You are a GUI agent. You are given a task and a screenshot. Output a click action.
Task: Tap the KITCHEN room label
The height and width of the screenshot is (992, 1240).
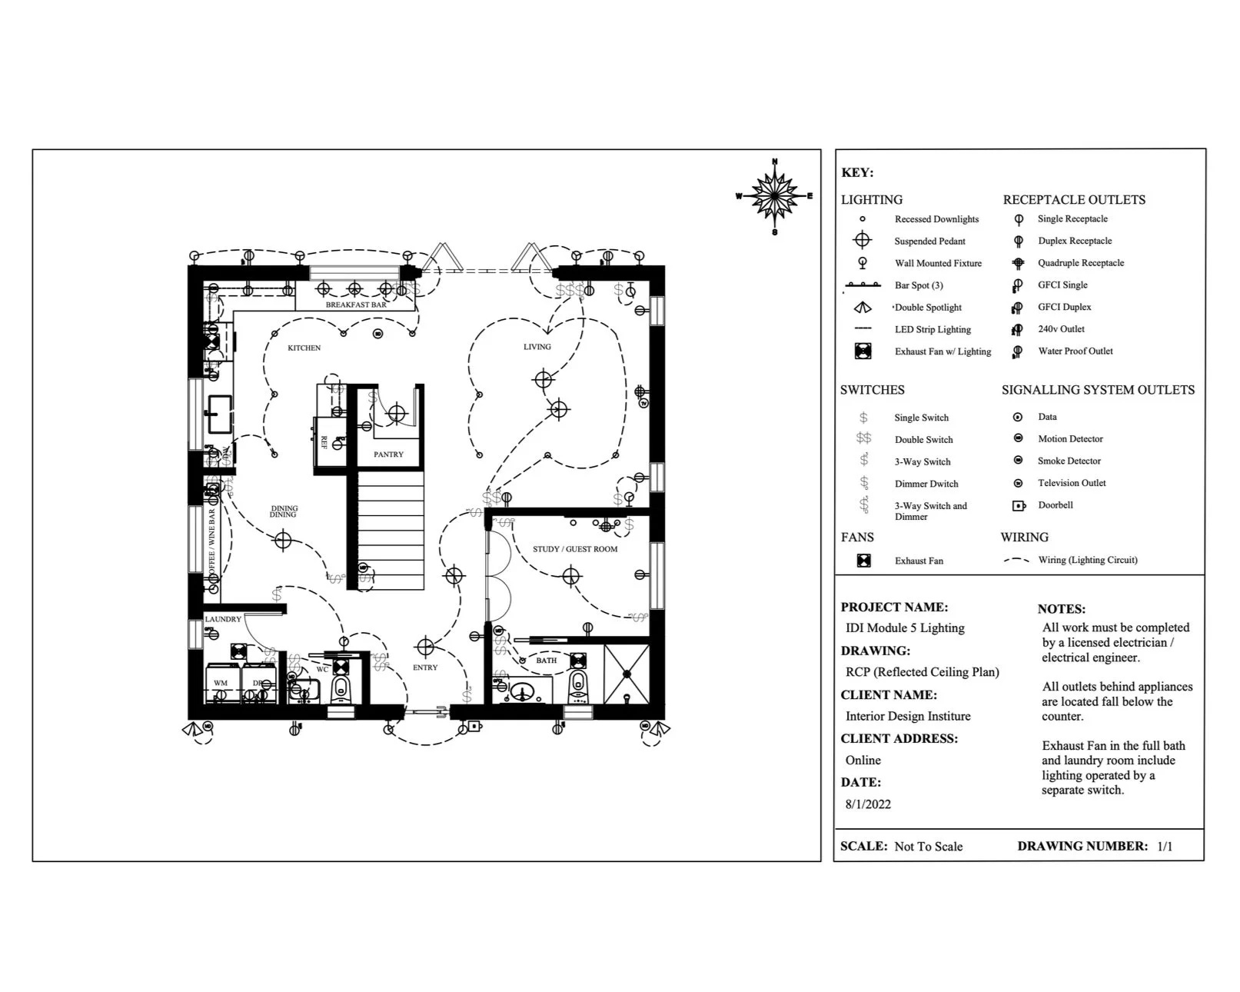(x=304, y=348)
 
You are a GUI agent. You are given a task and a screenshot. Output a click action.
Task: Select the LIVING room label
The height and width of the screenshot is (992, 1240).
(x=537, y=347)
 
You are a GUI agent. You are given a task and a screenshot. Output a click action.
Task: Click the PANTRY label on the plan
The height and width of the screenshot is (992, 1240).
(x=388, y=454)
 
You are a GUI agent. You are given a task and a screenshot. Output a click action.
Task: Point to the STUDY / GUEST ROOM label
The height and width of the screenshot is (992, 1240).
(x=575, y=549)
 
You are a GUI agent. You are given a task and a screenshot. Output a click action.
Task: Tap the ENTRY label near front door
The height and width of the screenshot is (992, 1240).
(x=425, y=667)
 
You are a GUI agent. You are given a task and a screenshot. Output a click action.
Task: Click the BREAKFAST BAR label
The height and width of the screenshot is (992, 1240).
(x=356, y=305)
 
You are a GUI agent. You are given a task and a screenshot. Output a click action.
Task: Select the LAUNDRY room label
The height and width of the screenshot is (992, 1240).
(x=223, y=619)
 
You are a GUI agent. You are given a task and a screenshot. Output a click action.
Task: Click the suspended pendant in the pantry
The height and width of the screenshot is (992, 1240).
(x=396, y=414)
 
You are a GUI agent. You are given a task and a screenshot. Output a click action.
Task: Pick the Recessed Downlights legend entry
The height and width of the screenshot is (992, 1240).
(x=936, y=219)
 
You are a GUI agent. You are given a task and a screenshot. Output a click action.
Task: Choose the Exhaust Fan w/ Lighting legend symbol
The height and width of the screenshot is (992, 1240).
(x=863, y=351)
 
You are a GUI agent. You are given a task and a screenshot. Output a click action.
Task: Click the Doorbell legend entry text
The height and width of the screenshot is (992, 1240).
(x=1055, y=505)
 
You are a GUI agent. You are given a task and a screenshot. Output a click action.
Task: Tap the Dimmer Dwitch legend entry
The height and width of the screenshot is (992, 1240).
(x=926, y=484)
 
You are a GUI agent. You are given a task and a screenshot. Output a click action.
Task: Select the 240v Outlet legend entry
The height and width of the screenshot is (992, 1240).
(x=1061, y=329)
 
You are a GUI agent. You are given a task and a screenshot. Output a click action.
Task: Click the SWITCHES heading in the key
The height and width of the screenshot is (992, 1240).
(x=872, y=390)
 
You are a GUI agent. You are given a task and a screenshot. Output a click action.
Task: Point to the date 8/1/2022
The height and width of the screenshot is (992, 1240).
(x=868, y=804)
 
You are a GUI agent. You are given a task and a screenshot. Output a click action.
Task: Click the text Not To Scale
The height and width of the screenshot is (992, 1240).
(x=928, y=847)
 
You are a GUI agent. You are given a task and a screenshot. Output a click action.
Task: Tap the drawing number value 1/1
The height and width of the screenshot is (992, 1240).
(x=1165, y=847)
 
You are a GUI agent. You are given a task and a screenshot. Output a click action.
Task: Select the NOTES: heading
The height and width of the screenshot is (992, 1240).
(x=1061, y=609)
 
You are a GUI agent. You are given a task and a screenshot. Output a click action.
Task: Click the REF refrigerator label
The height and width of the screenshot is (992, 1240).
(x=324, y=442)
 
